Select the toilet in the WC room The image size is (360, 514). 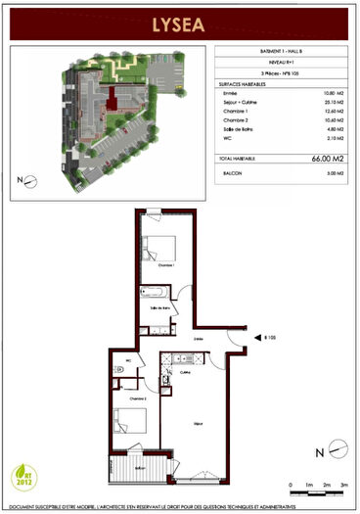117,369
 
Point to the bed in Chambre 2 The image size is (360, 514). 130,423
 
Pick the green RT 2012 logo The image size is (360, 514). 25,476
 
